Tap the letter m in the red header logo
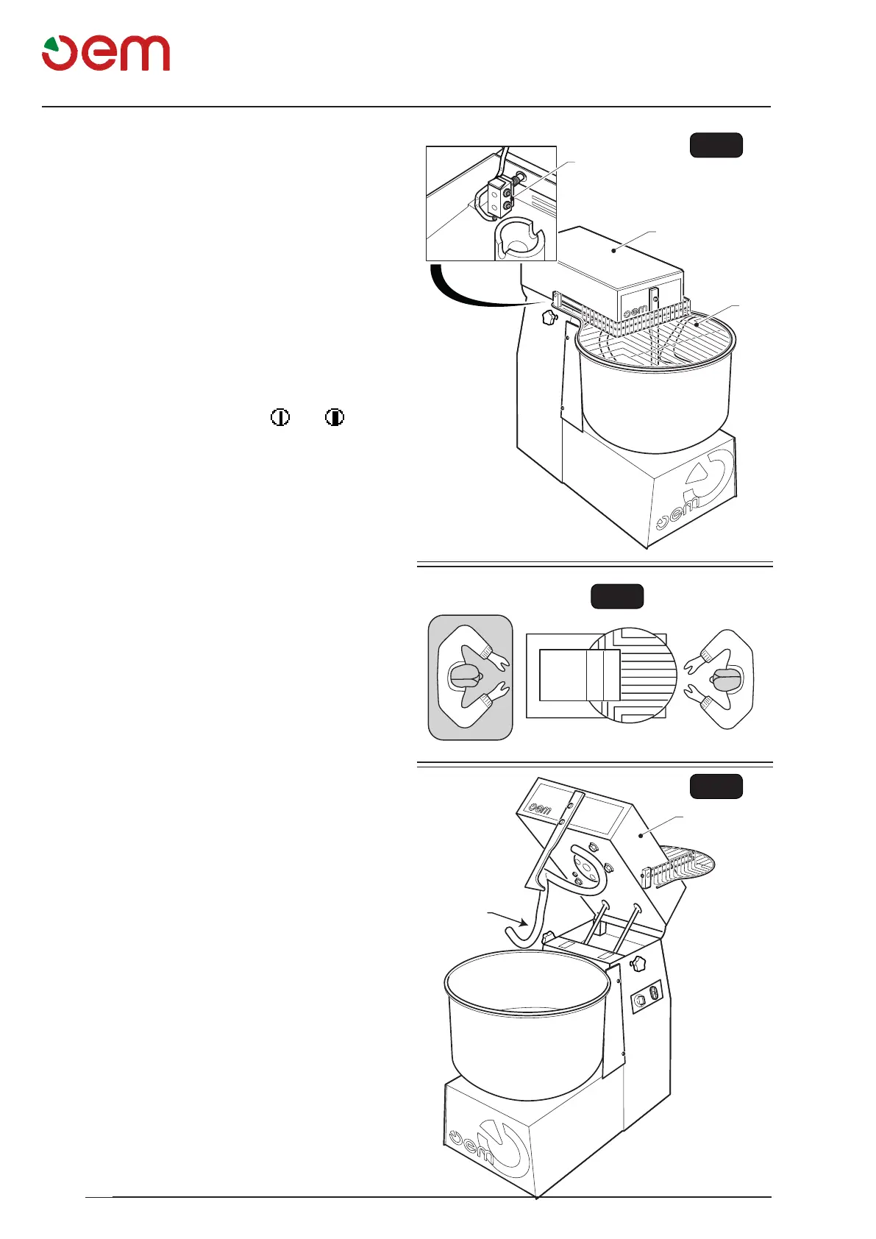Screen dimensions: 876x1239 coord(145,54)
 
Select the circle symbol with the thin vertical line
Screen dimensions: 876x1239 coord(279,418)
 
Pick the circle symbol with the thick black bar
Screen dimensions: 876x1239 coord(335,418)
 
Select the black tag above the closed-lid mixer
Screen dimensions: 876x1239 coord(716,145)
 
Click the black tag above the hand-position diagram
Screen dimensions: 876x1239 coord(617,596)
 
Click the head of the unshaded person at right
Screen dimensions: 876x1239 coord(726,680)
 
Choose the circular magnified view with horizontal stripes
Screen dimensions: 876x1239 coord(630,675)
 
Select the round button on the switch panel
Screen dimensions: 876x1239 coord(640,999)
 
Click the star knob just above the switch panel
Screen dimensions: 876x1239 coord(638,962)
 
